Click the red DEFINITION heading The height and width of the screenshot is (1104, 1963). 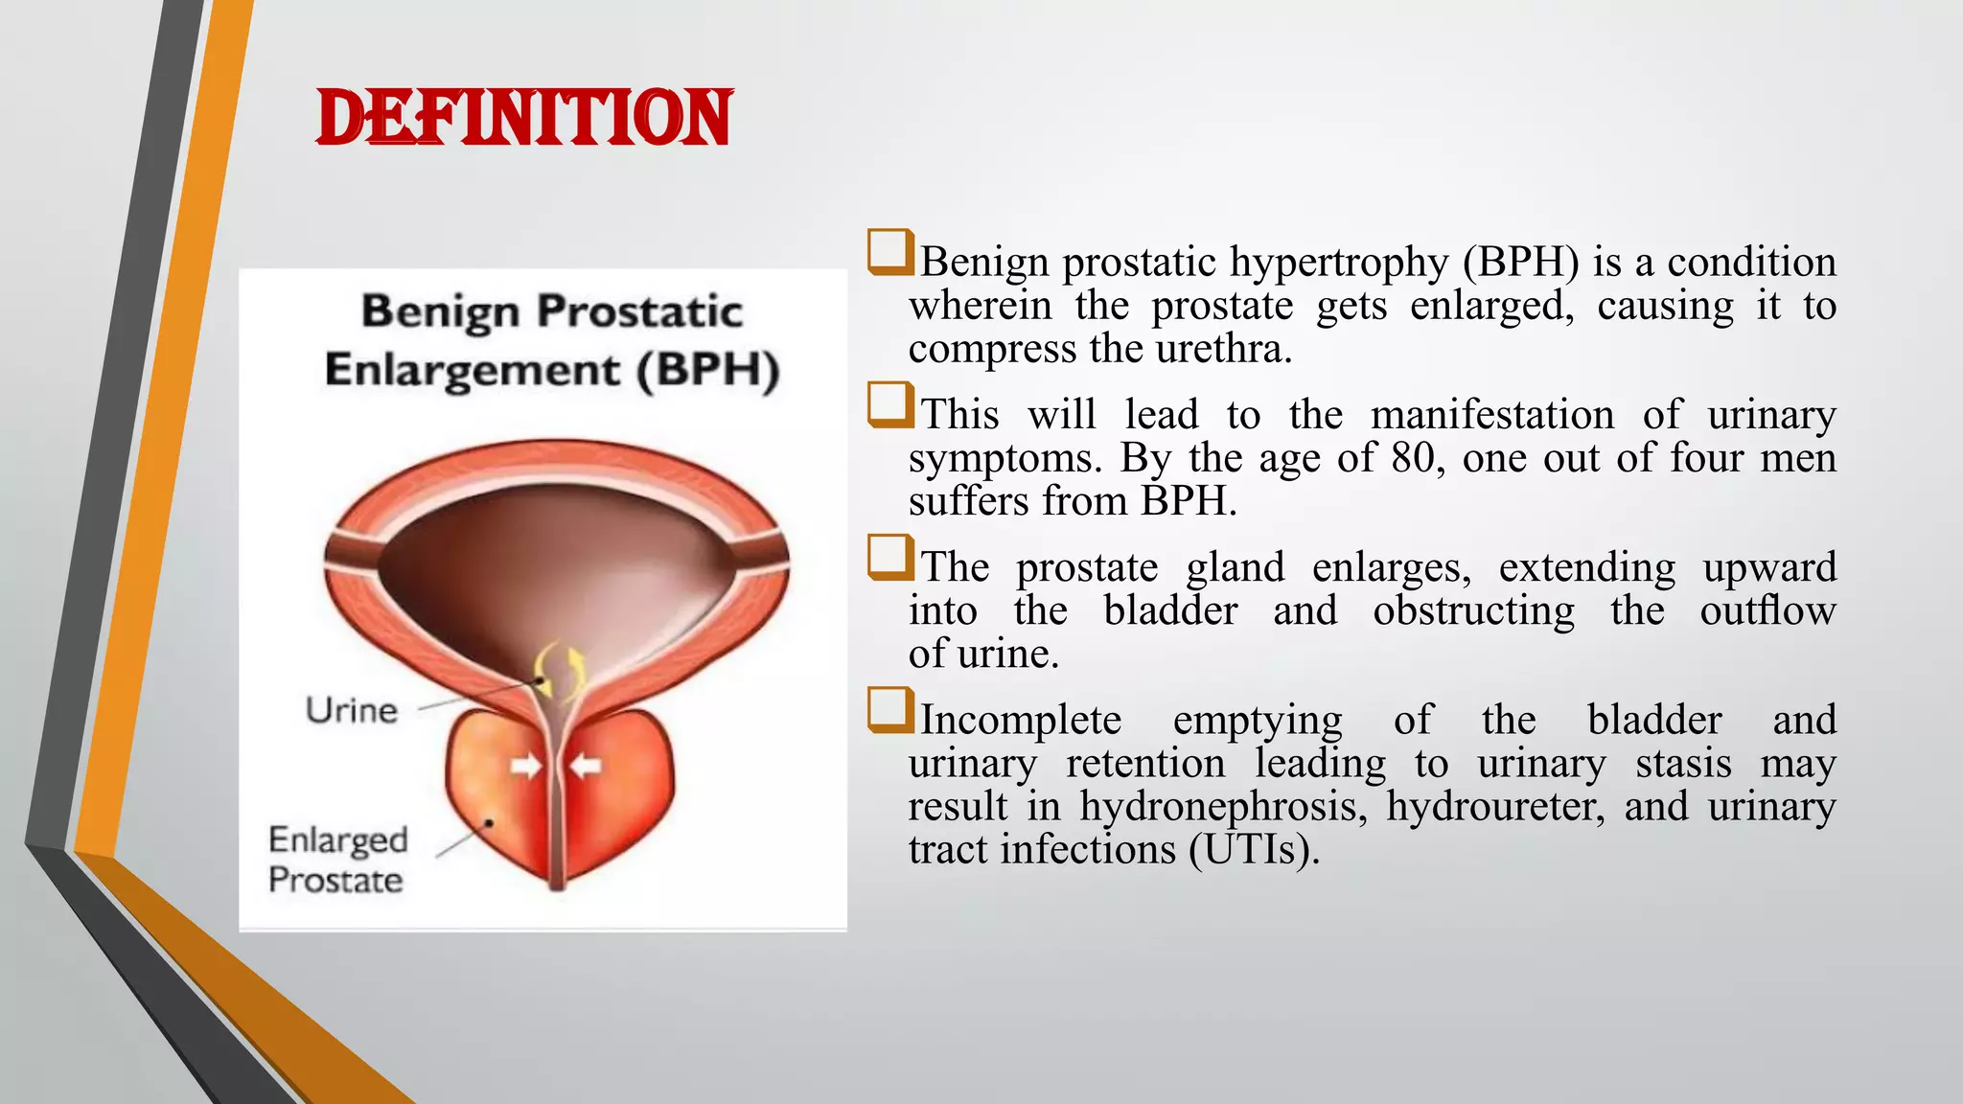pos(523,118)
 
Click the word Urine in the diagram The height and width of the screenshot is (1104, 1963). pos(351,710)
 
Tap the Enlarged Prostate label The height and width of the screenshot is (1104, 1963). pos(337,860)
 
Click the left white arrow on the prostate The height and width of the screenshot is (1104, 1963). pos(525,766)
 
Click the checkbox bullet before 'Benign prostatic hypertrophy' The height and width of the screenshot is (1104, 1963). pos(889,252)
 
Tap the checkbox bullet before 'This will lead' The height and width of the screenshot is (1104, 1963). pos(889,405)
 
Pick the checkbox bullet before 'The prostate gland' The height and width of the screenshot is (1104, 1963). pos(889,558)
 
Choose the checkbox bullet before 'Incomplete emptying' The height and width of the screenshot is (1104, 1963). pos(889,710)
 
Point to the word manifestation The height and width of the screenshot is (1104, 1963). pos(1491,415)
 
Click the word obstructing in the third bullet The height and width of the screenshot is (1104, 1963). pos(1473,610)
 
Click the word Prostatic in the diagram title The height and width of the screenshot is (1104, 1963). pos(639,312)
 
